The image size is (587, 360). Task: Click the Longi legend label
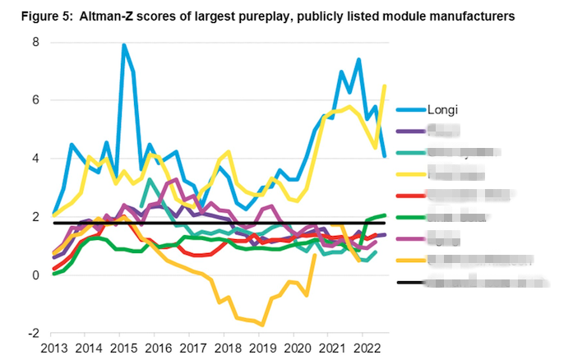[445, 109]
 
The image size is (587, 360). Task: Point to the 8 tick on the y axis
[35, 42]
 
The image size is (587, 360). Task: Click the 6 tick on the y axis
[35, 100]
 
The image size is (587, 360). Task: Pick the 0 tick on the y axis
[35, 275]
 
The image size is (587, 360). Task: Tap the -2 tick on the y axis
[33, 334]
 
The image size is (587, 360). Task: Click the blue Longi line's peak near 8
[124, 45]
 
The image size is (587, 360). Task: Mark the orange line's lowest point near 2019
[263, 325]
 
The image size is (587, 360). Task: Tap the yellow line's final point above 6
[385, 86]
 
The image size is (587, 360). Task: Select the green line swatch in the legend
[410, 218]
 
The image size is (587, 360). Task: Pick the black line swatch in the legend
[410, 282]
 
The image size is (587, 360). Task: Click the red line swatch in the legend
[410, 196]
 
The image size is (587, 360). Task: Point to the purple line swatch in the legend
[410, 131]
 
